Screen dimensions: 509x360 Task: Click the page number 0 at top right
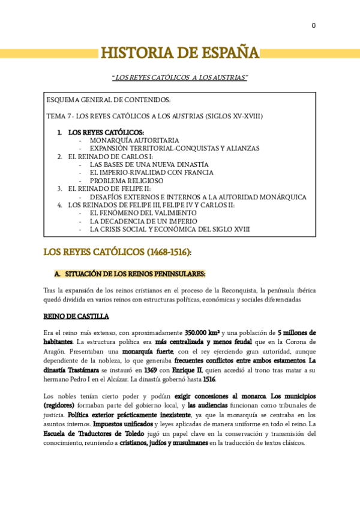313,26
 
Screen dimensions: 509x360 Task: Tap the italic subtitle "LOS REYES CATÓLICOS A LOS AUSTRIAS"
179,79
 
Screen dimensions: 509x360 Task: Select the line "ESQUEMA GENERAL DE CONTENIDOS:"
108,100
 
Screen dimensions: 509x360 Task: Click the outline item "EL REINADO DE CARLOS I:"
110,156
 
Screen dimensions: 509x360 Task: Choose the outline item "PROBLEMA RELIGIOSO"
127,180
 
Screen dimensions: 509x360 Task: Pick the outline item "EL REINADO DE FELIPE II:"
112,188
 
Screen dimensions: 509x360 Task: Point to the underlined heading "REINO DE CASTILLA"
76,316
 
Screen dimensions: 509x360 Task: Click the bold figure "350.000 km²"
202,333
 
